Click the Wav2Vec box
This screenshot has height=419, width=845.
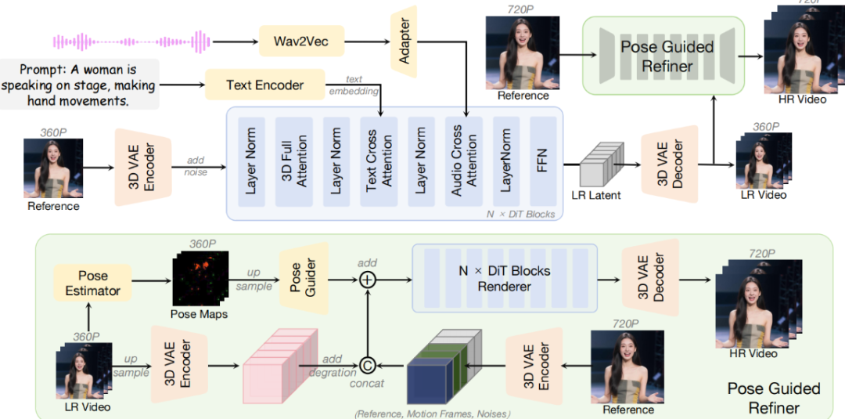coord(301,40)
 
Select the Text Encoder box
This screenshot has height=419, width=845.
coord(264,85)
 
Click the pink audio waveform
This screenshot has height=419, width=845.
coord(131,40)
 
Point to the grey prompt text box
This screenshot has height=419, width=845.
coord(80,84)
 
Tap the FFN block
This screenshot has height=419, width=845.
coord(543,163)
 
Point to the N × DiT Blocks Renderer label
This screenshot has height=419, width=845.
coord(503,279)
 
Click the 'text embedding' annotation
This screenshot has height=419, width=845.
coord(345,84)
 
